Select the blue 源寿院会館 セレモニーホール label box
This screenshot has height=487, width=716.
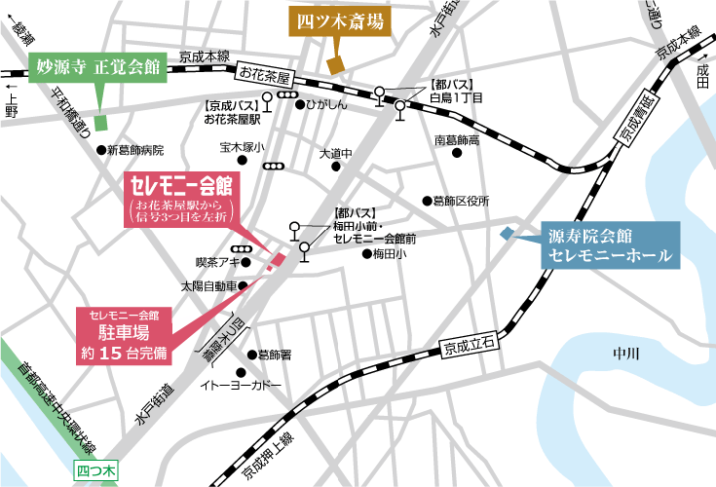click(610, 244)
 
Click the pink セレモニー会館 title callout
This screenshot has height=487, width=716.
click(180, 202)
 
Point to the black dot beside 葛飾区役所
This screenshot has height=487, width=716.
click(426, 201)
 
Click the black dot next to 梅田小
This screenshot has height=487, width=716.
click(366, 254)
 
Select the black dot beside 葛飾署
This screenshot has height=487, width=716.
click(250, 355)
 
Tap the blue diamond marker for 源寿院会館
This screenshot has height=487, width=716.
click(506, 234)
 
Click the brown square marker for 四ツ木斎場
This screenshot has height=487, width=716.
click(336, 65)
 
